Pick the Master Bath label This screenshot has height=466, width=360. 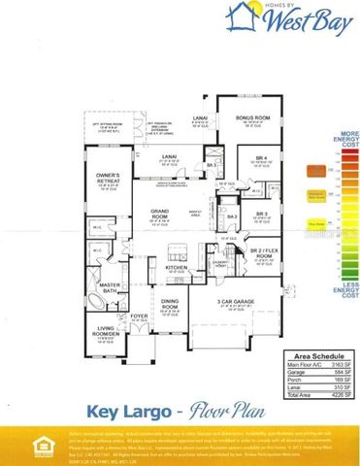pos(108,284)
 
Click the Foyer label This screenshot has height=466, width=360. pos(140,315)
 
